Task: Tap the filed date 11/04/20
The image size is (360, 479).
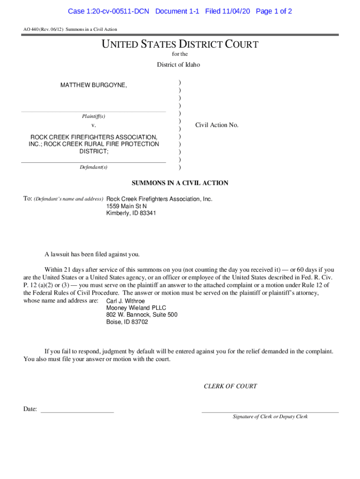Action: [x=236, y=11]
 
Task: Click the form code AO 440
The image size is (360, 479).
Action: [x=33, y=29]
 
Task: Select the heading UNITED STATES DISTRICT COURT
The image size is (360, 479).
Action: [x=180, y=45]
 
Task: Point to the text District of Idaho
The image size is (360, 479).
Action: [x=178, y=65]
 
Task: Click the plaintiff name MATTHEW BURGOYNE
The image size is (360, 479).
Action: [x=93, y=85]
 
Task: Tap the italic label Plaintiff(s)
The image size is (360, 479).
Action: [x=93, y=116]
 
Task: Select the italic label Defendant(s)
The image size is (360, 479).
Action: [x=94, y=167]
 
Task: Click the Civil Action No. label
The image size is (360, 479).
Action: [x=217, y=125]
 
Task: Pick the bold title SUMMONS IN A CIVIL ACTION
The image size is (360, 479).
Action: [x=180, y=183]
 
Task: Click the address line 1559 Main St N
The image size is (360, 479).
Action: [x=126, y=206]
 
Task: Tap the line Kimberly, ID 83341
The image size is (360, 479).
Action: [x=131, y=213]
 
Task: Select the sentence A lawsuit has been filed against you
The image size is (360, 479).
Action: [x=92, y=254]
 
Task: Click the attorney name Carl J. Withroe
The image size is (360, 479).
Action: [x=126, y=301]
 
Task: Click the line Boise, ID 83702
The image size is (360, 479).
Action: [x=127, y=322]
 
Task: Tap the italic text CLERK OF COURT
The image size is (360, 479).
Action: [x=230, y=386]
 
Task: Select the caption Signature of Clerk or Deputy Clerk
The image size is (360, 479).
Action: [x=270, y=417]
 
